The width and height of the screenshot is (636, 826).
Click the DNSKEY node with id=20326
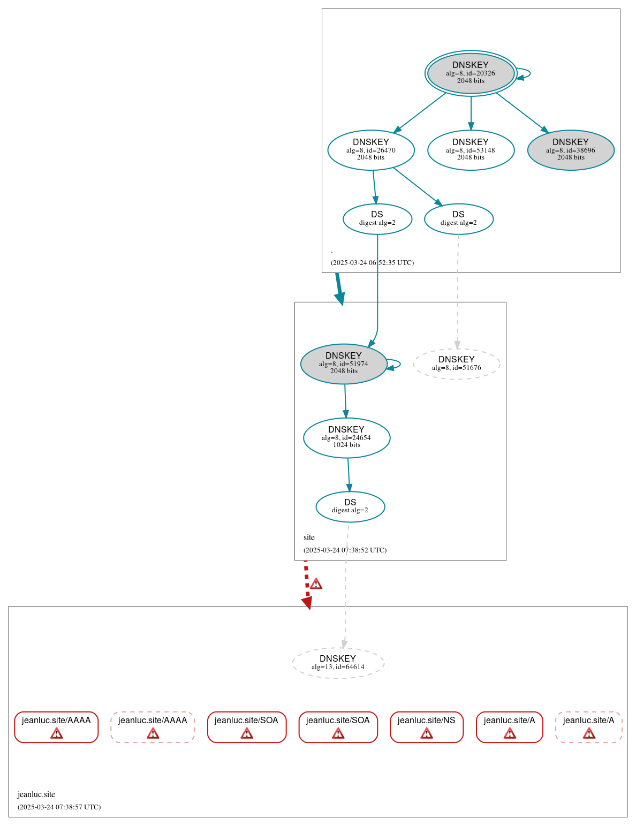pyautogui.click(x=471, y=73)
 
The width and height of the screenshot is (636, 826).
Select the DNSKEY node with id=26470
pyautogui.click(x=370, y=150)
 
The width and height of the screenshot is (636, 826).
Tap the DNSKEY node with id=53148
pyautogui.click(x=471, y=150)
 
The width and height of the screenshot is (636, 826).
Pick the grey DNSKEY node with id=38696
pyautogui.click(x=570, y=150)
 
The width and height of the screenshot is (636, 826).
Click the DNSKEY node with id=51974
pyautogui.click(x=343, y=364)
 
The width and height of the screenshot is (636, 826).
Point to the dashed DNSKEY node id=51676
pyautogui.click(x=456, y=364)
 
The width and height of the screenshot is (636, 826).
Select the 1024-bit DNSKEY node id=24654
pyautogui.click(x=346, y=438)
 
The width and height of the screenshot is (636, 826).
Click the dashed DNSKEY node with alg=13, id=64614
pyautogui.click(x=338, y=663)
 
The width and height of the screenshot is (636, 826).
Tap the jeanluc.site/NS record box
pyautogui.click(x=426, y=727)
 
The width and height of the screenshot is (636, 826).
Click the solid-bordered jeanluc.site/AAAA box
pyautogui.click(x=56, y=727)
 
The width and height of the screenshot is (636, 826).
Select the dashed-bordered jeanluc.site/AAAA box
pyautogui.click(x=153, y=727)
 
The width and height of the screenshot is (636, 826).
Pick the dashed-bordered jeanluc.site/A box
pyautogui.click(x=588, y=727)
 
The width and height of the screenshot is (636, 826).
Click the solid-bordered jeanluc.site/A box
pyautogui.click(x=509, y=727)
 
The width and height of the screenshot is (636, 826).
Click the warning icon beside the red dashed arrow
pyautogui.click(x=316, y=584)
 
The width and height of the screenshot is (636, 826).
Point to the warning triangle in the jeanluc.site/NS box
pyautogui.click(x=427, y=733)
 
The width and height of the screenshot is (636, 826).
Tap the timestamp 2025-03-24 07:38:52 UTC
pyautogui.click(x=345, y=550)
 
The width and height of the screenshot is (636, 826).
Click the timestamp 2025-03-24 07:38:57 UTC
pyautogui.click(x=59, y=807)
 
